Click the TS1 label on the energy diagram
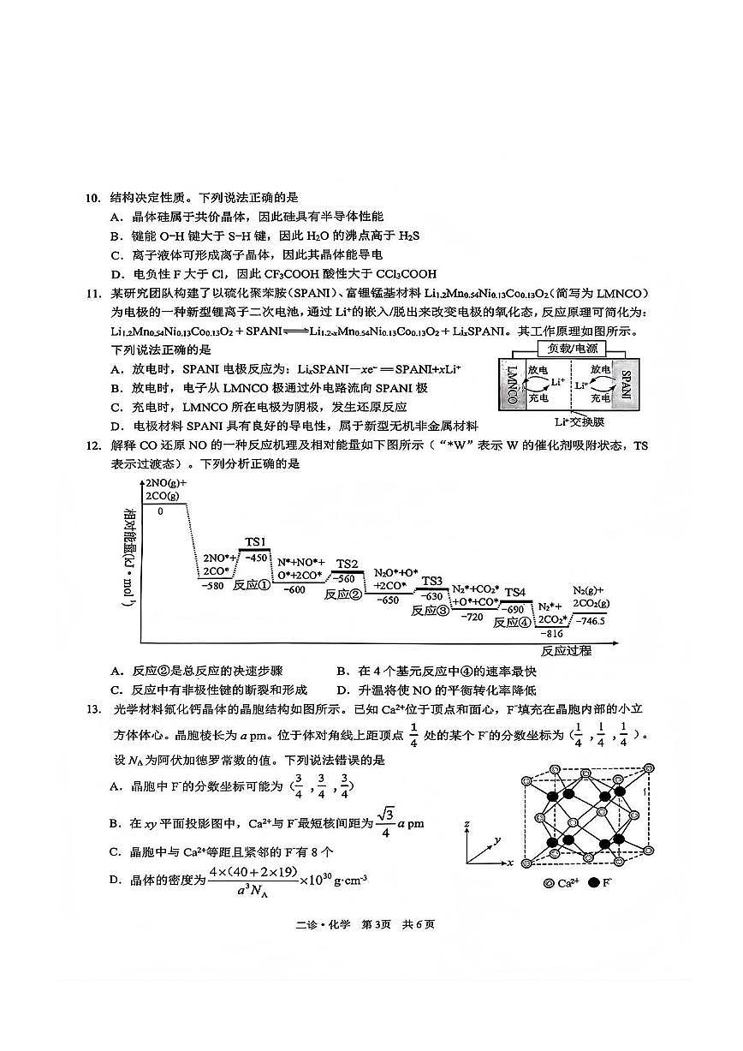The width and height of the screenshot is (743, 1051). (x=256, y=542)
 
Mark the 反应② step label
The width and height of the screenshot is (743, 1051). (x=342, y=594)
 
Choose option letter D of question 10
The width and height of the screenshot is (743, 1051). (x=116, y=274)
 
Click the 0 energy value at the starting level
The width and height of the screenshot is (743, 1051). (x=159, y=511)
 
